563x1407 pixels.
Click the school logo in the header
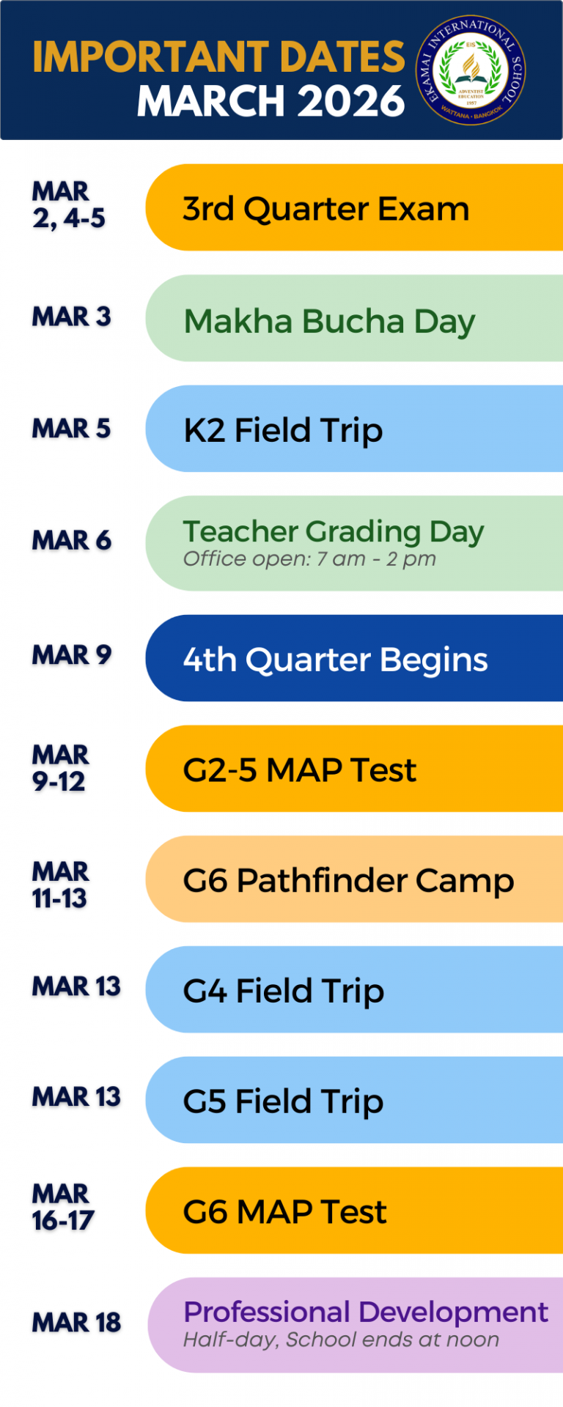tap(471, 70)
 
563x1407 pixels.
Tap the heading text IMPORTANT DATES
tap(218, 57)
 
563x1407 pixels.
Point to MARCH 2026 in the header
tap(271, 101)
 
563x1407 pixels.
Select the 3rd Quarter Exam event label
tap(325, 210)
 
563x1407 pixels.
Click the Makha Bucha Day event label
tap(329, 322)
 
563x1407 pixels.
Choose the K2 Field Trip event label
tap(283, 431)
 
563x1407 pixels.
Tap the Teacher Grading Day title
tap(334, 531)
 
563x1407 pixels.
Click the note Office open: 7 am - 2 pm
tap(309, 559)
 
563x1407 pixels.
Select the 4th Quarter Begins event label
tap(335, 660)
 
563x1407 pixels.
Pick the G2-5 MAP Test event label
tap(299, 770)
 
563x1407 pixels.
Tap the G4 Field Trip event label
tap(283, 991)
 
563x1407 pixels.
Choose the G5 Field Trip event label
tap(283, 1102)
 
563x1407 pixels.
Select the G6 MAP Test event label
tap(284, 1212)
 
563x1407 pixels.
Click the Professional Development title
tap(366, 1312)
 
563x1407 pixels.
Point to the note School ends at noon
tap(392, 1340)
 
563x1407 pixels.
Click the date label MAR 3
tap(71, 317)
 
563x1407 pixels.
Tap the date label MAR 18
tap(76, 1323)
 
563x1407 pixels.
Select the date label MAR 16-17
tap(63, 1207)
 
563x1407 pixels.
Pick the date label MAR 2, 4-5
tap(69, 205)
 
